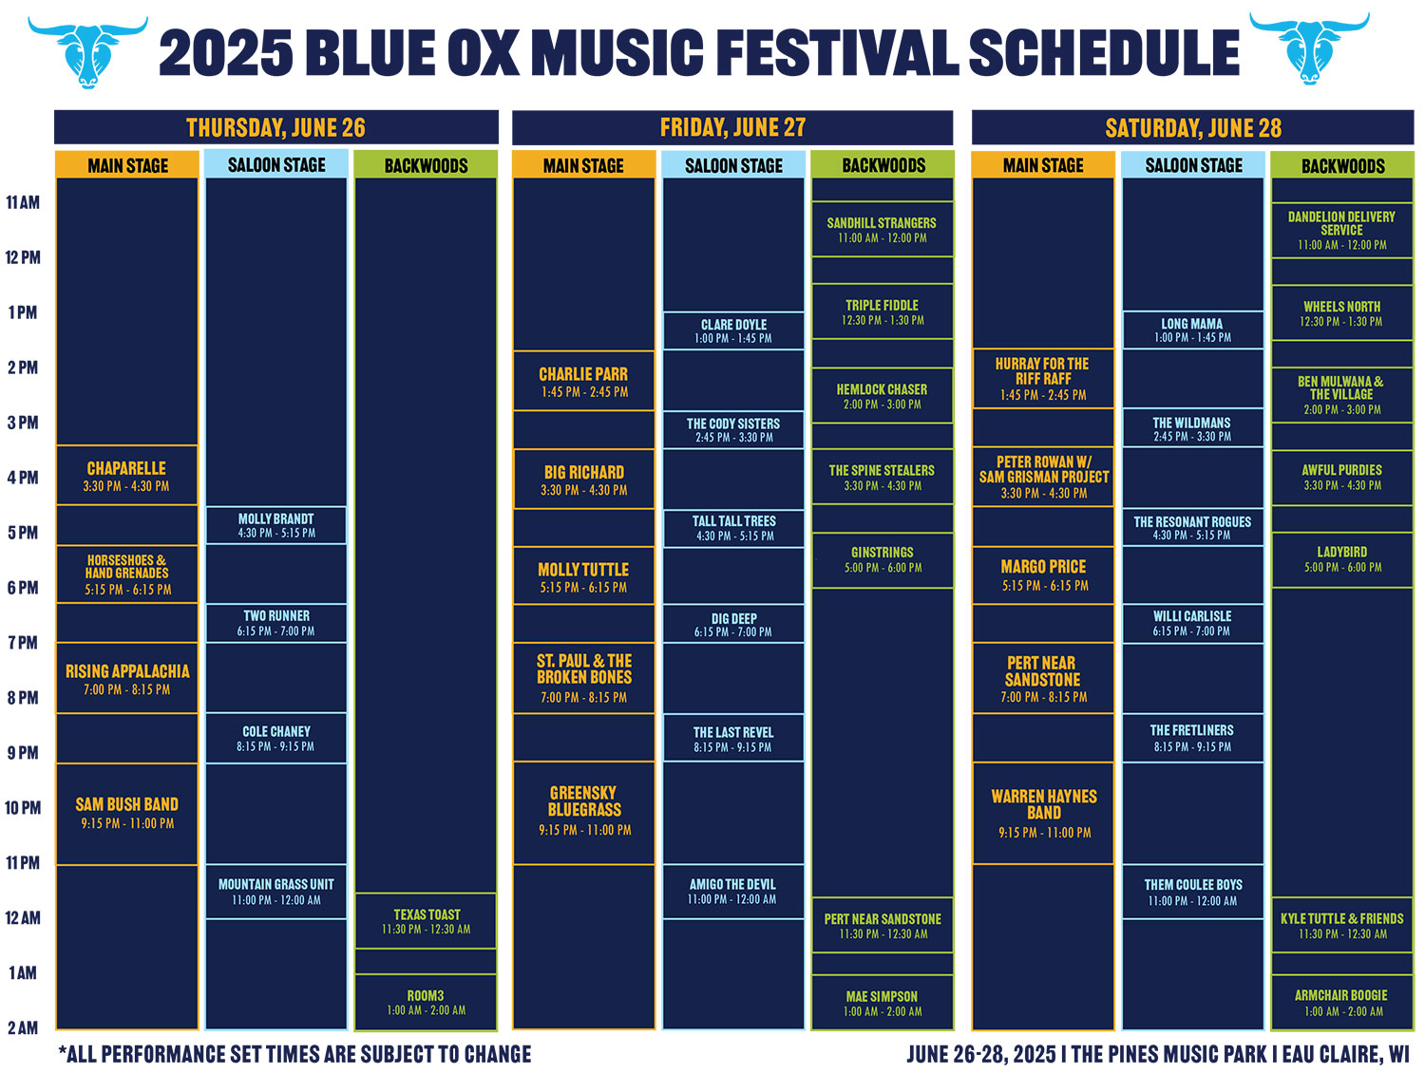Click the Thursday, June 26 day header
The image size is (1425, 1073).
point(275,126)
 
